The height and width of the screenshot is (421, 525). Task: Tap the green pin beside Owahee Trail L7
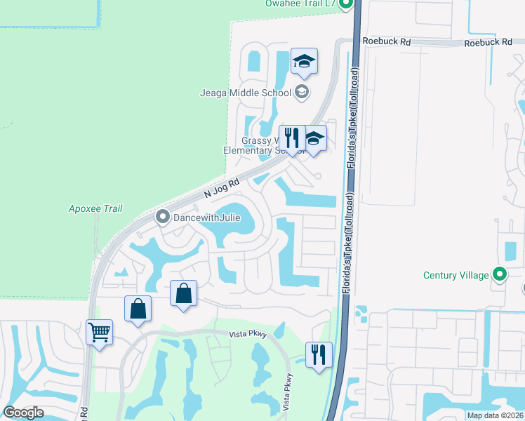click(345, 4)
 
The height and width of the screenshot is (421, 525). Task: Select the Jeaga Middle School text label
click(246, 92)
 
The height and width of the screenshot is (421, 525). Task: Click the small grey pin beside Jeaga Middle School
click(301, 91)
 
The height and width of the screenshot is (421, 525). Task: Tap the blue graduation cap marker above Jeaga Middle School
click(304, 62)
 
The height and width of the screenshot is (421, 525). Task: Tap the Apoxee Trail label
click(95, 208)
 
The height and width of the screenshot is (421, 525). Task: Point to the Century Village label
click(456, 275)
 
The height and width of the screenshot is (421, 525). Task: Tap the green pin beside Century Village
click(499, 274)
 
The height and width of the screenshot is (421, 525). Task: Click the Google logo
click(24, 413)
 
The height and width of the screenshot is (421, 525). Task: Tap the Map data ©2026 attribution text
click(494, 415)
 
